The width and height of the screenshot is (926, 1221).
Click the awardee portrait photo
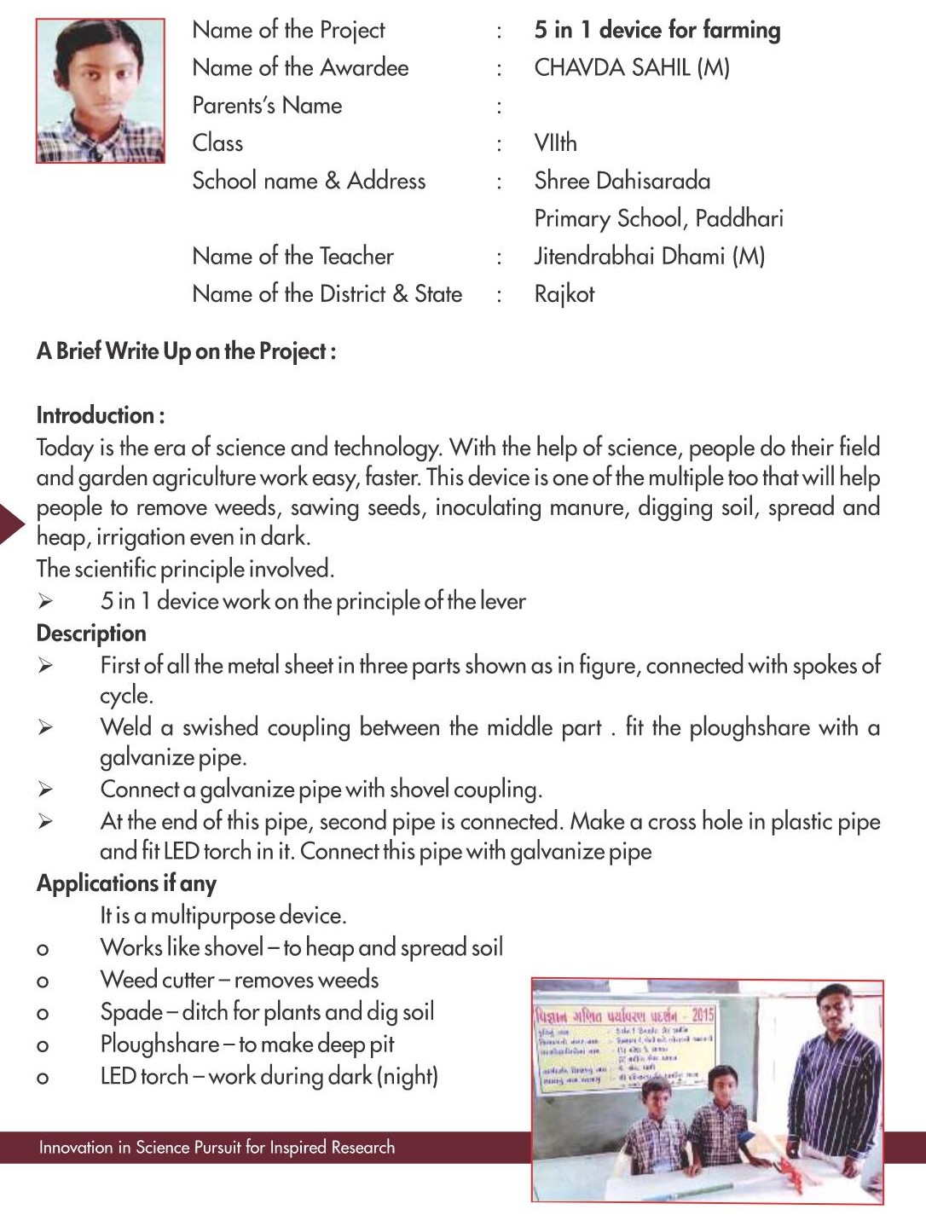pos(100,90)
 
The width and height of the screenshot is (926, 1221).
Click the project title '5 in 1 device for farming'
pos(657,30)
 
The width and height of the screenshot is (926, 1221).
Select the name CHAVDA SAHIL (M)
pos(632,67)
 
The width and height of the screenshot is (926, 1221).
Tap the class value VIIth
pos(555,142)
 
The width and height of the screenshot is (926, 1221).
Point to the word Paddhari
pos(738,218)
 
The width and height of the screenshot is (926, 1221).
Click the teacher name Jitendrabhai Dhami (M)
pos(649,256)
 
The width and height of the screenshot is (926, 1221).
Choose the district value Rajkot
pos(564,294)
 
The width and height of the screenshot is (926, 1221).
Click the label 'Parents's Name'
pos(267,105)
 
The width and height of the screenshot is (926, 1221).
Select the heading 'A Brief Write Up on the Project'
pos(186,351)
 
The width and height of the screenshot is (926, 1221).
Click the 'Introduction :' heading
pos(101,415)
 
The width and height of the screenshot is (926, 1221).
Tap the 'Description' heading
pos(91,633)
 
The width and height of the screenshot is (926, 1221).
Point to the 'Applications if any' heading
pos(126,883)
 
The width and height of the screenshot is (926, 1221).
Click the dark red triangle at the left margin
pos(12,523)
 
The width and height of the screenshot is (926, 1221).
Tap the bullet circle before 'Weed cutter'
pos(43,981)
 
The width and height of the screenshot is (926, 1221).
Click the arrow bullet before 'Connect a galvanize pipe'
pos(45,790)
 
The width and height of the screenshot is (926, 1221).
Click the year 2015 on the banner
pos(703,1015)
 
